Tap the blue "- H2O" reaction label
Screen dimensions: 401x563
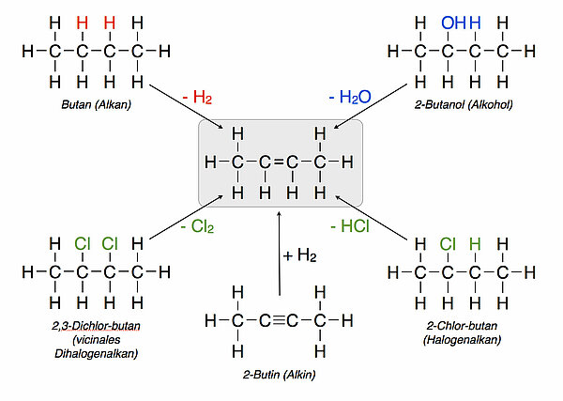click(x=349, y=97)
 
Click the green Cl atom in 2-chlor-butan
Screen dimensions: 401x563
click(x=449, y=246)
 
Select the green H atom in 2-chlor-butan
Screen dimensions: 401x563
click(x=476, y=246)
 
